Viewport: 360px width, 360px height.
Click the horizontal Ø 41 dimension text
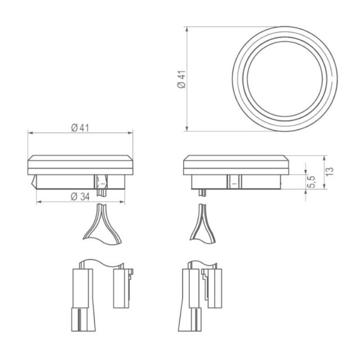pos(80,128)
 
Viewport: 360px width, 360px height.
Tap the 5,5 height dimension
pos(312,182)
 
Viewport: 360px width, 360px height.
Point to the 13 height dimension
pos(329,170)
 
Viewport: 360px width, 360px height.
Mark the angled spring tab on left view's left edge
pos(33,182)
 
